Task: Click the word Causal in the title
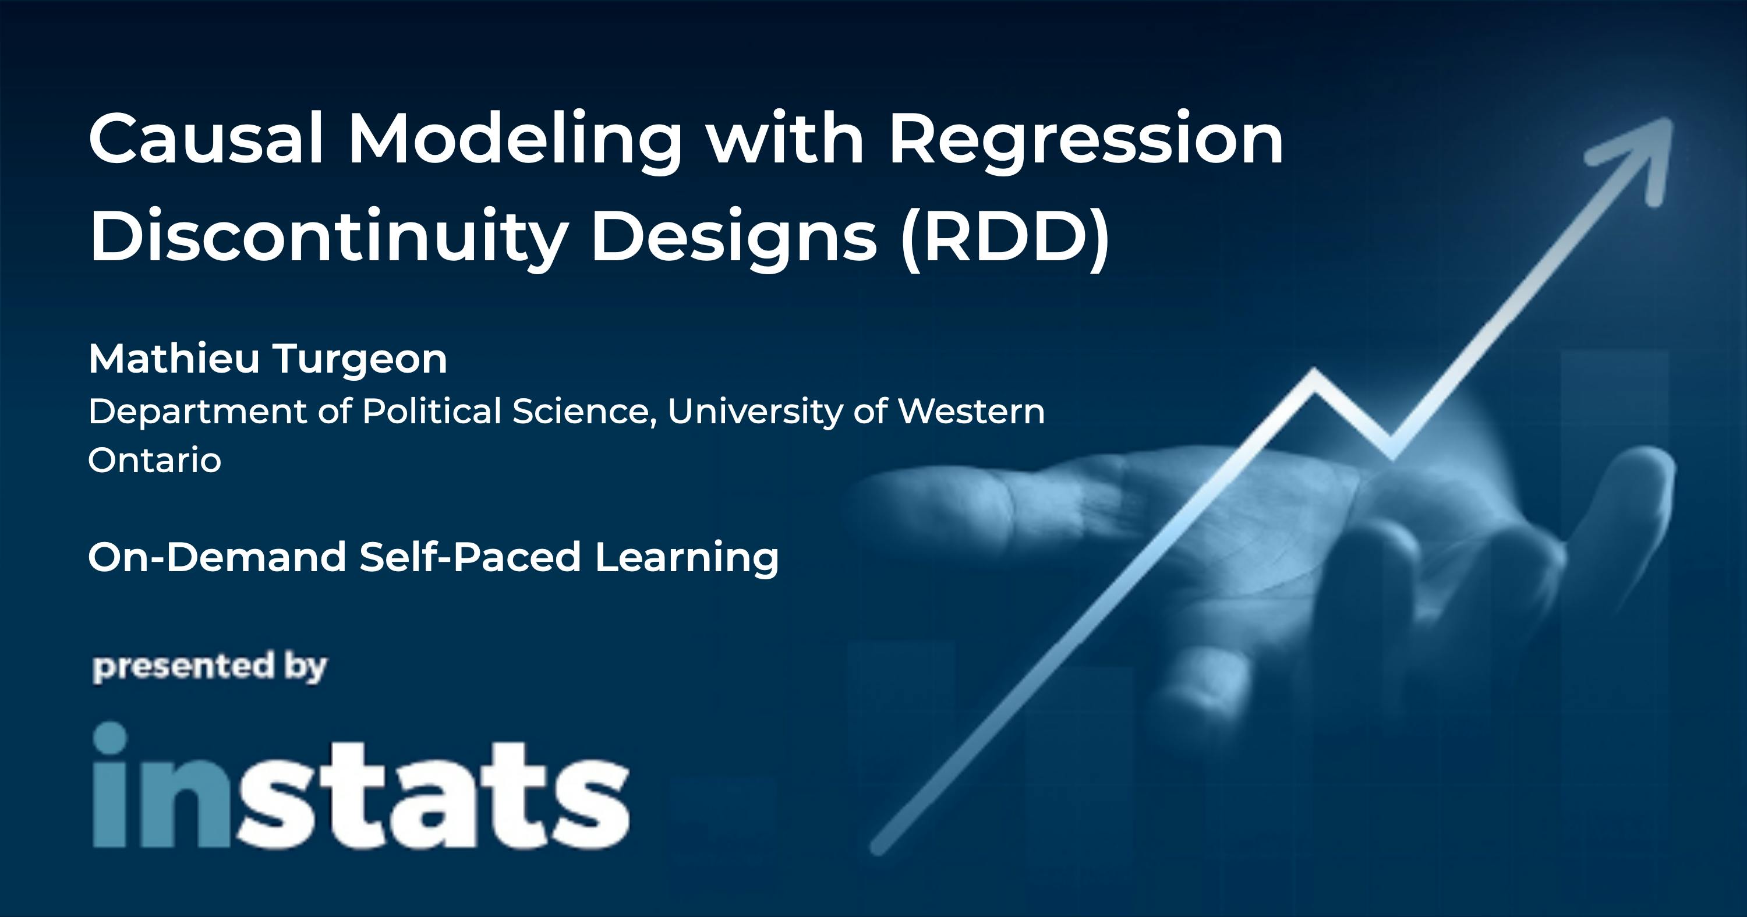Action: (x=206, y=139)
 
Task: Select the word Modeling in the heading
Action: (x=515, y=143)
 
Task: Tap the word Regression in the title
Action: (x=1085, y=143)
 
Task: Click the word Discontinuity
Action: (x=328, y=238)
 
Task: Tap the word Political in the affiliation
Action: (x=432, y=411)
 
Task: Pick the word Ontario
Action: (x=155, y=461)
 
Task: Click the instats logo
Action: (x=361, y=785)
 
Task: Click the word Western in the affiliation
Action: (x=971, y=411)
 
